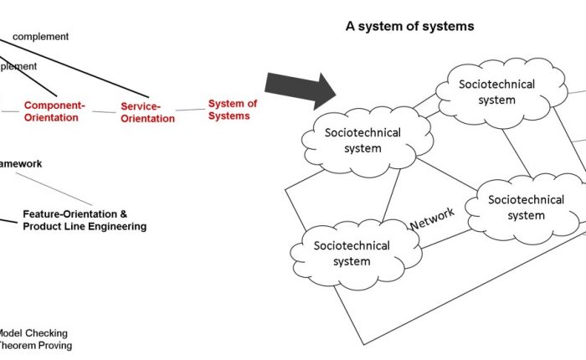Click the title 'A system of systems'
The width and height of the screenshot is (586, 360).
tap(409, 27)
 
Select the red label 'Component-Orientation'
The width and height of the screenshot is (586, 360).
tap(54, 111)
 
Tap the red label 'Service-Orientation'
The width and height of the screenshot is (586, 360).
tap(147, 112)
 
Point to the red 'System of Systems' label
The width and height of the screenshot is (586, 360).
tap(233, 110)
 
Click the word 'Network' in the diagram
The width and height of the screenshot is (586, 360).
tap(432, 219)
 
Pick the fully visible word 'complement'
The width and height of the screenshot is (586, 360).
tap(40, 37)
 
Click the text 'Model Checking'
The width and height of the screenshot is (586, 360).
tap(33, 333)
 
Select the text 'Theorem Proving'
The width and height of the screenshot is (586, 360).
tap(35, 345)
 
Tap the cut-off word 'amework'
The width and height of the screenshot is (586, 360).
tap(21, 164)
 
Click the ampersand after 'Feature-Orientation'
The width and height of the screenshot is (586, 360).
tap(124, 214)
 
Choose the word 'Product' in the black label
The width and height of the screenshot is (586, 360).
tap(41, 226)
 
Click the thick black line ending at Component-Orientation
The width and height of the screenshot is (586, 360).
tap(33, 80)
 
